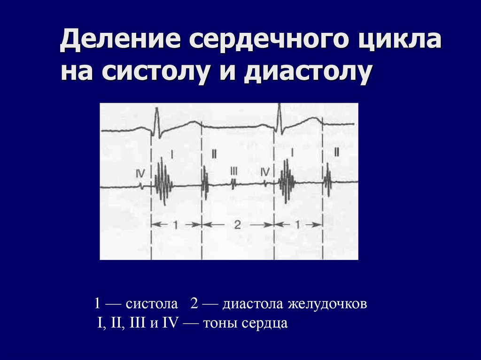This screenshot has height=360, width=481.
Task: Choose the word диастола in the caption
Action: [252, 304]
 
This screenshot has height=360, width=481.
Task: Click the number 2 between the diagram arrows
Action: [237, 225]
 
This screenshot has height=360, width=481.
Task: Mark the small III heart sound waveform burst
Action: [234, 184]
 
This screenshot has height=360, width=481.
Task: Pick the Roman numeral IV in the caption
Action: [168, 323]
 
